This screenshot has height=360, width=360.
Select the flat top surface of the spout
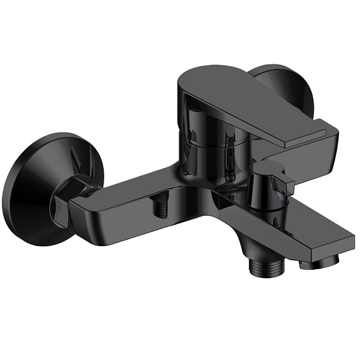coord(303,224)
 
